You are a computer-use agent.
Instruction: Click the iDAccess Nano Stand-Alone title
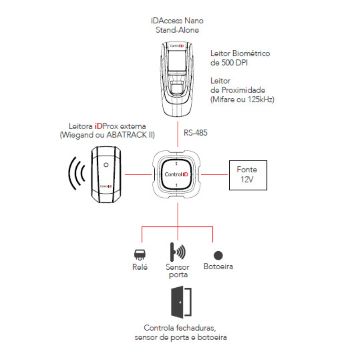click(x=177, y=26)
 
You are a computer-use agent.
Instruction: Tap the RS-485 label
click(x=195, y=133)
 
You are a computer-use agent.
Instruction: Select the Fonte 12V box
click(x=248, y=175)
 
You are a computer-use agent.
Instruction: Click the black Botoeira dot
click(x=218, y=255)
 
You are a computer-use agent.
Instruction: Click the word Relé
click(x=140, y=267)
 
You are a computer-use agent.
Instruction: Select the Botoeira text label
click(x=218, y=267)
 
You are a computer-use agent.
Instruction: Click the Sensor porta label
click(x=177, y=271)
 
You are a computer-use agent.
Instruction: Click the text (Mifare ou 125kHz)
click(x=242, y=100)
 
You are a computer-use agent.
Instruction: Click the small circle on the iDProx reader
click(x=105, y=165)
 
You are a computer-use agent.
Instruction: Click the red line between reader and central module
click(x=138, y=175)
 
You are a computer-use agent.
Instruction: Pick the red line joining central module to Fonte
click(x=215, y=175)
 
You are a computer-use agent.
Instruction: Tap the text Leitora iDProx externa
click(x=107, y=127)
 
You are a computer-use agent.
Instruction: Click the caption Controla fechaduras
click(x=180, y=328)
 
